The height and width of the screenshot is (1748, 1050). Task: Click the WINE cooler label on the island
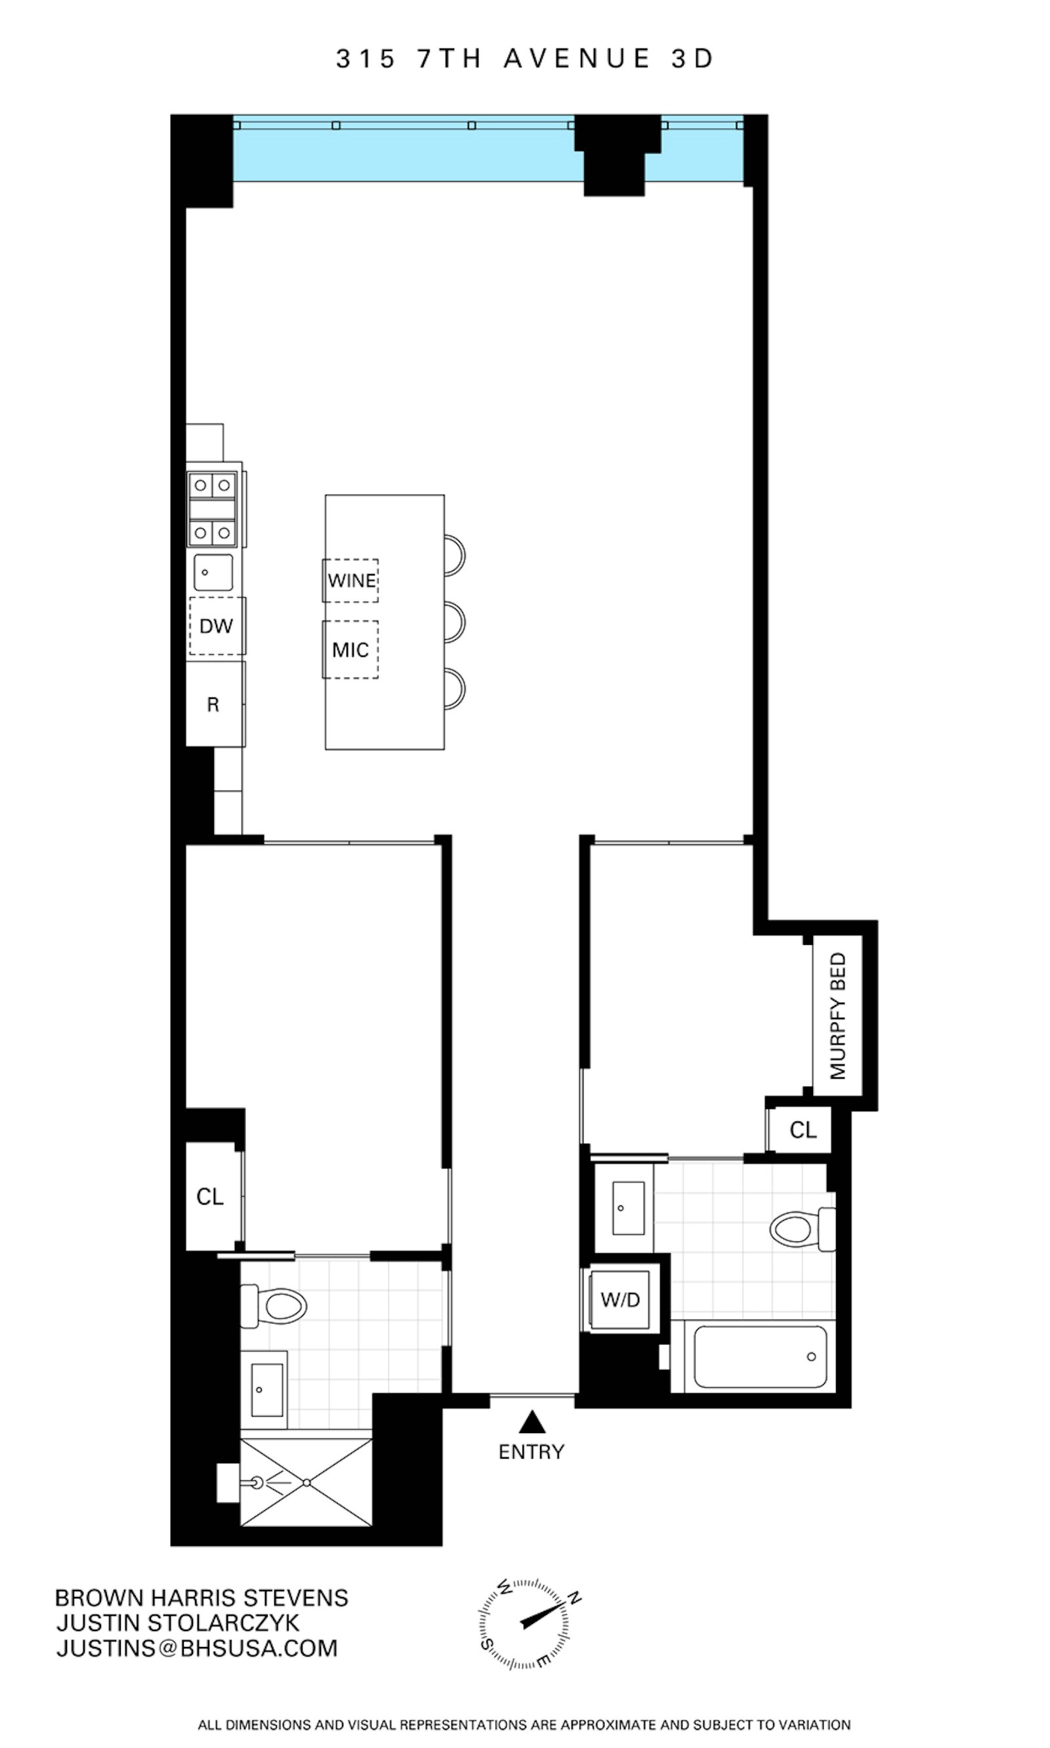(352, 580)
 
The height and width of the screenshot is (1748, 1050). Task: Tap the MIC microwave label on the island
(350, 650)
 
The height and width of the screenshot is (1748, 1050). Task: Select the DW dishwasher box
(217, 626)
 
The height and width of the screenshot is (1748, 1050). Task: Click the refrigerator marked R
(214, 704)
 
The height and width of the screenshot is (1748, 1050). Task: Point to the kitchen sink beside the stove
(213, 572)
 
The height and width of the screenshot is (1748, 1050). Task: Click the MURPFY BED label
(838, 1015)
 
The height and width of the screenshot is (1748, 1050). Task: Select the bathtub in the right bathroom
(760, 1357)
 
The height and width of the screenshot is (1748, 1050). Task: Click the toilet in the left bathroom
(278, 1305)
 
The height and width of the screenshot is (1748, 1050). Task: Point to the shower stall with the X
(306, 1483)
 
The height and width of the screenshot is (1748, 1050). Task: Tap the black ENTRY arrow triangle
(532, 1421)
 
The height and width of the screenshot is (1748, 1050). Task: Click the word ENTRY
(532, 1452)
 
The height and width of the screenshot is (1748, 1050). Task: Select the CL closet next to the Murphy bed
(803, 1130)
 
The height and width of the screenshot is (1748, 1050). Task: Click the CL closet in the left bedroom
(210, 1197)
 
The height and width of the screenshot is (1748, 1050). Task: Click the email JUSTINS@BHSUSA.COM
(198, 1648)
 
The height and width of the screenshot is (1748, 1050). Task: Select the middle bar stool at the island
(454, 623)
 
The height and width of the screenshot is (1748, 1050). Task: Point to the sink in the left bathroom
(268, 1390)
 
